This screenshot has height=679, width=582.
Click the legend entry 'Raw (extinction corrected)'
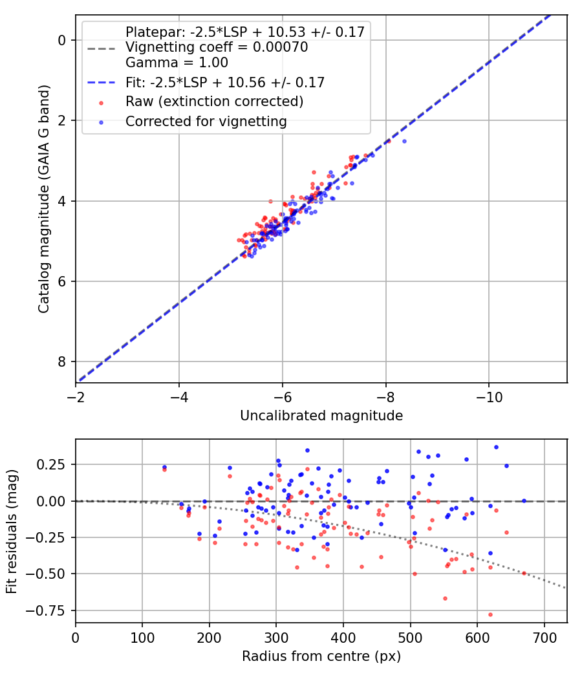point(214,102)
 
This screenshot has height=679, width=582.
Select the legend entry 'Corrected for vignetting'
point(206,121)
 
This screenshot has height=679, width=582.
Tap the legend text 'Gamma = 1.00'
point(177,63)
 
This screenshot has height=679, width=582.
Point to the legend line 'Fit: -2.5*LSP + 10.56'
point(224,82)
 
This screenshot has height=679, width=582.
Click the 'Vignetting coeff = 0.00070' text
point(216,47)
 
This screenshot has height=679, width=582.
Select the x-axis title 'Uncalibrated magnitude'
point(321,416)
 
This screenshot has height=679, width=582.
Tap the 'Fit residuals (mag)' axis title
point(12,531)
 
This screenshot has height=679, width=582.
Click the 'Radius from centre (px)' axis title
point(321,656)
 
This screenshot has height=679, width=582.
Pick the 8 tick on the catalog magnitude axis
point(61,361)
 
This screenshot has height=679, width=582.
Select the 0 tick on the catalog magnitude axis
point(61,40)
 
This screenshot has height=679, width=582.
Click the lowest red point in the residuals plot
point(490,614)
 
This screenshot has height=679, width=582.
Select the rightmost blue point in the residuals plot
point(524,501)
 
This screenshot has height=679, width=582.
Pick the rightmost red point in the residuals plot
point(524,573)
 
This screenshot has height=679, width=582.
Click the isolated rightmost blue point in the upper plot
point(404,141)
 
